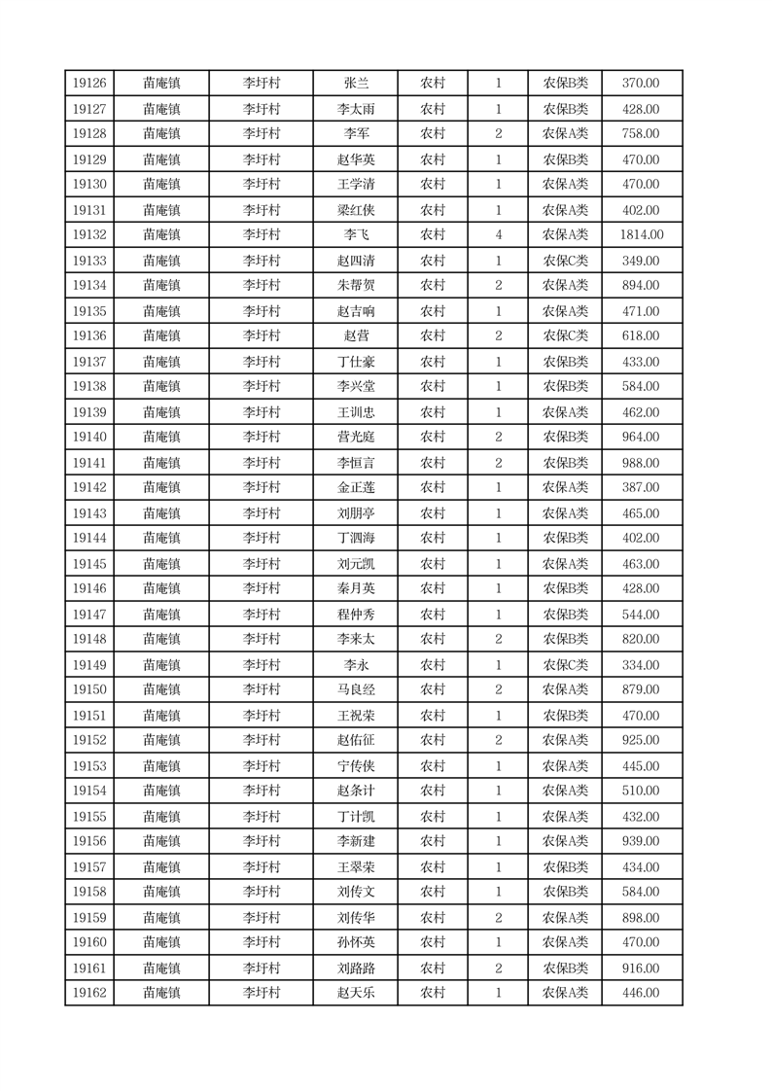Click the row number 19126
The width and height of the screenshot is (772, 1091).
point(89,84)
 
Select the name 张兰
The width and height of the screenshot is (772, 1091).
point(356,84)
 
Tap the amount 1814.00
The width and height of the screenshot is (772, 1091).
point(641,234)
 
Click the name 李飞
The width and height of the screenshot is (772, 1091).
point(356,234)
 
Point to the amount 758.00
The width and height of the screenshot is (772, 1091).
point(641,134)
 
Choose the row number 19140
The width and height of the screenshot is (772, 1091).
point(89,437)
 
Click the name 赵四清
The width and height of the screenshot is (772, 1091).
point(356,261)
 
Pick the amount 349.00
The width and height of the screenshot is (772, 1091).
point(641,261)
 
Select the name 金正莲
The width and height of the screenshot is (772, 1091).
point(356,487)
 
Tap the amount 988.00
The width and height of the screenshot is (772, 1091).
point(641,463)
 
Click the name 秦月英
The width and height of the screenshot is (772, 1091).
point(356,588)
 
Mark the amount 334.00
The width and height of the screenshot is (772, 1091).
point(641,665)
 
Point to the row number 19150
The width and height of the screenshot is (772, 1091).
point(89,689)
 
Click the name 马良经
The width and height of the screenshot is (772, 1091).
point(356,689)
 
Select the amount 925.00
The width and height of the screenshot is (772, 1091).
point(641,740)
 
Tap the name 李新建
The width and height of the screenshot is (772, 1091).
point(356,841)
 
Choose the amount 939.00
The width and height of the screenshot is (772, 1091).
point(641,841)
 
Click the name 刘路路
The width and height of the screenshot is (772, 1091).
point(356,968)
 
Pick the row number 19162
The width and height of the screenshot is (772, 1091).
point(89,993)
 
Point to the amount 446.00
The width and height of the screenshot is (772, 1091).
point(641,993)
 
